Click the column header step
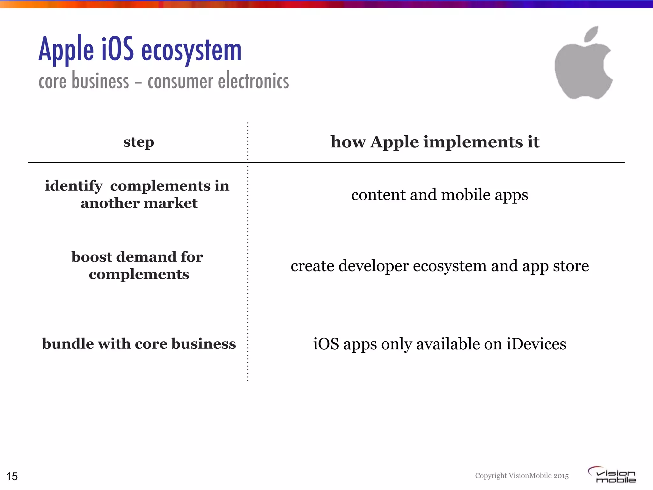pos(138,142)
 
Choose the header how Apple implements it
pos(435,142)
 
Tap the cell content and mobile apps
pos(439,195)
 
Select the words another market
pos(139,203)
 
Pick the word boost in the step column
pos(92,257)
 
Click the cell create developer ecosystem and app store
pos(439,266)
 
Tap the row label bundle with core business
pos(139,344)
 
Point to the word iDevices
pos(536,344)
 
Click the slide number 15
pos(12,476)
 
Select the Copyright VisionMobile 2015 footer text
pos(522,476)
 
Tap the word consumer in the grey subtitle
pos(180,81)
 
